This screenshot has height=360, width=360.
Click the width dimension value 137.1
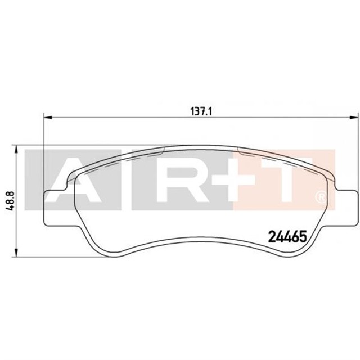[x=200, y=111]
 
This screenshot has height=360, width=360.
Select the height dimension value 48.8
[x=10, y=199]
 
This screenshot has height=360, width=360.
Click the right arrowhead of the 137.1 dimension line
[x=353, y=118]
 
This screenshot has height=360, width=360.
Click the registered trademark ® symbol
[x=321, y=197]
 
